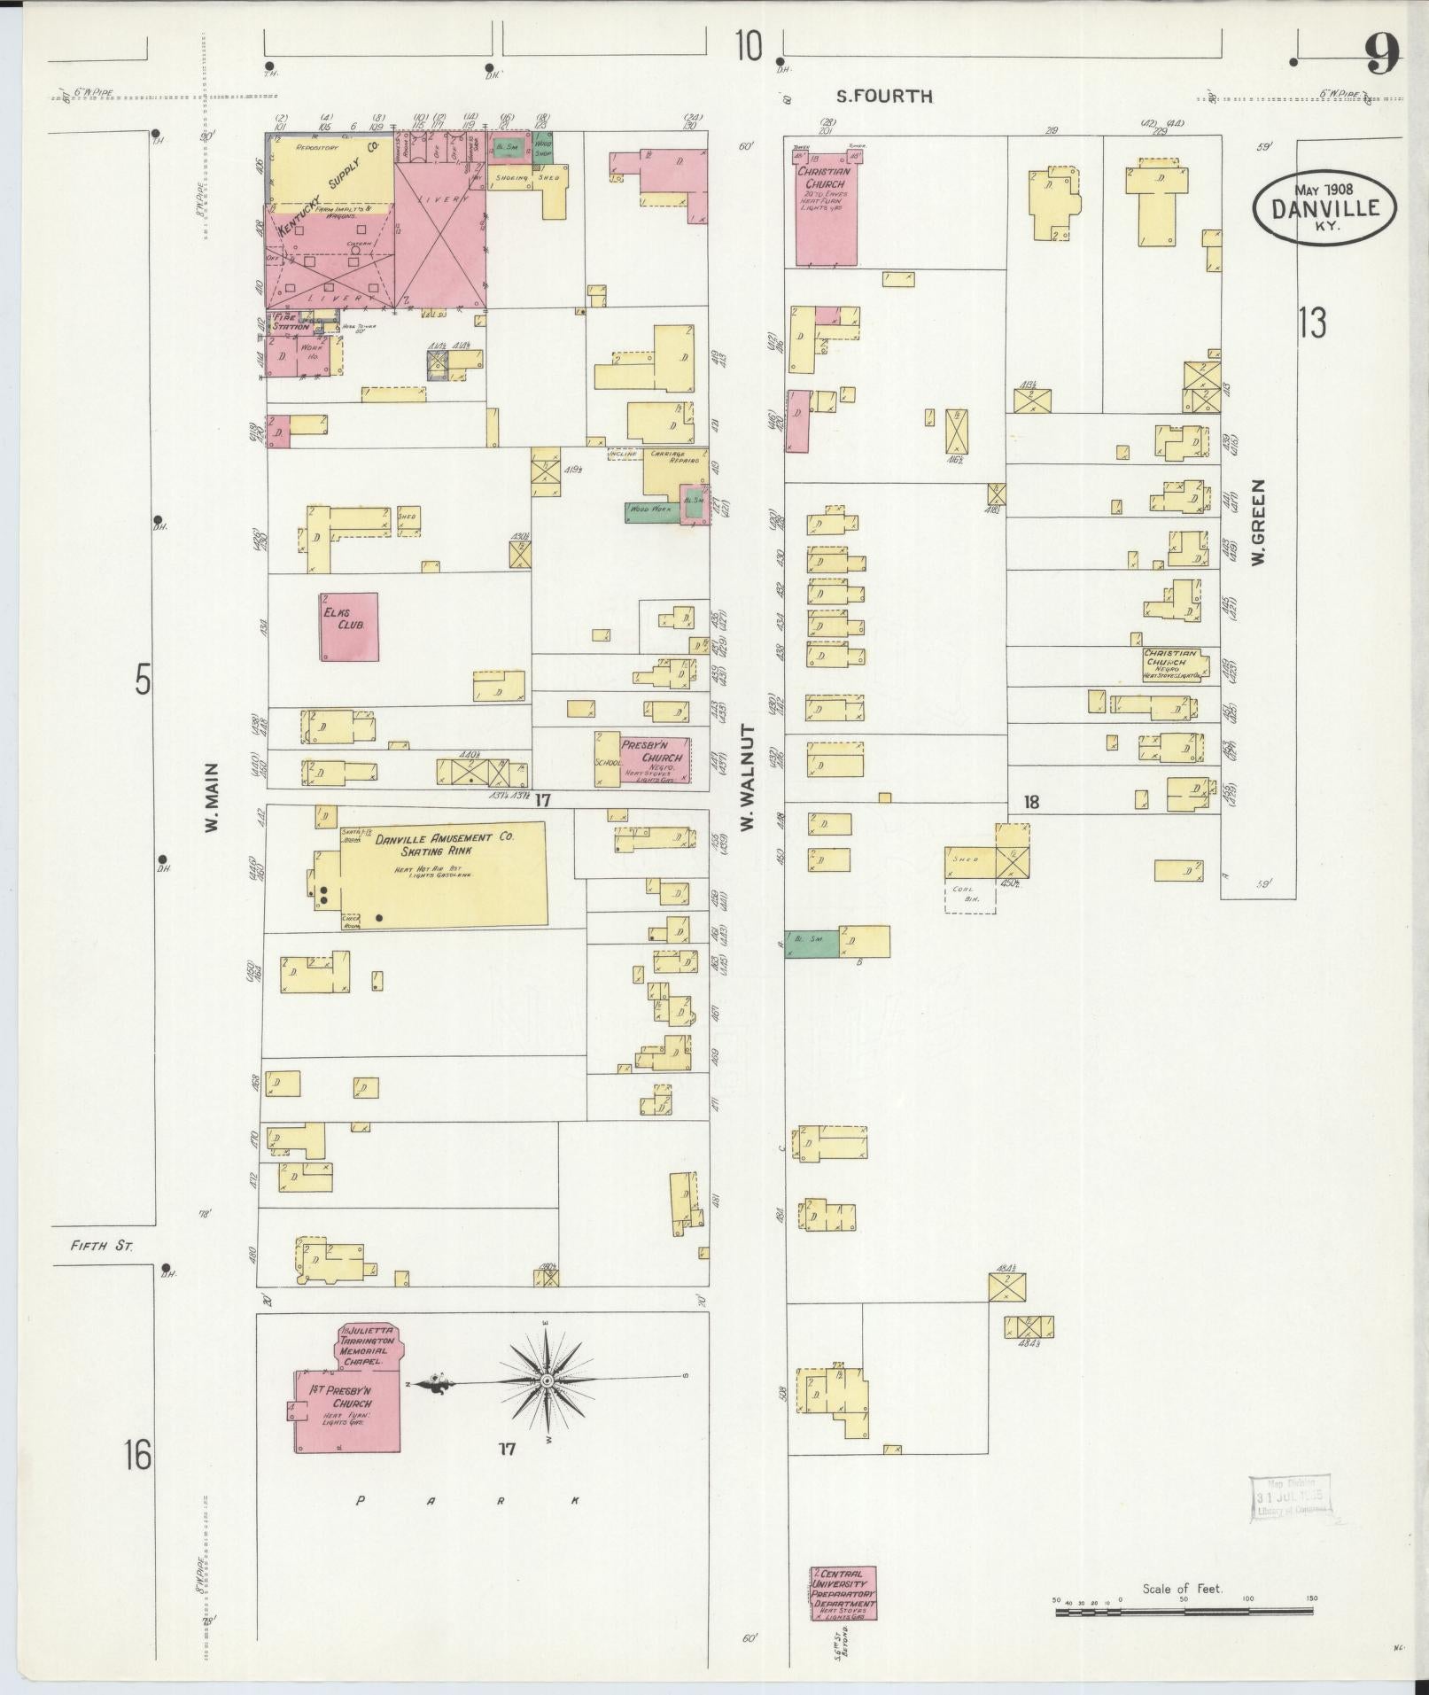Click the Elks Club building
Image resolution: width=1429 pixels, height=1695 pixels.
coord(349,626)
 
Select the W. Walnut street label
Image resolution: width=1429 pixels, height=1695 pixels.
coord(748,777)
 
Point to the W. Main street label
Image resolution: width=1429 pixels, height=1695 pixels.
coord(212,799)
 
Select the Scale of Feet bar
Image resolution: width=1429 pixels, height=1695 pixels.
coord(1185,1611)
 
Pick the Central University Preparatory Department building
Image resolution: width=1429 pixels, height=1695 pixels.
coord(843,1592)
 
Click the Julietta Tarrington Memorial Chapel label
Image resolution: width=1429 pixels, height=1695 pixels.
coord(369,1355)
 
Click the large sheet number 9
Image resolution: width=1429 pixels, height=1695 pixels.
coord(1381,55)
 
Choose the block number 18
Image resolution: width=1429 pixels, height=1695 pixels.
coord(1031,803)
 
